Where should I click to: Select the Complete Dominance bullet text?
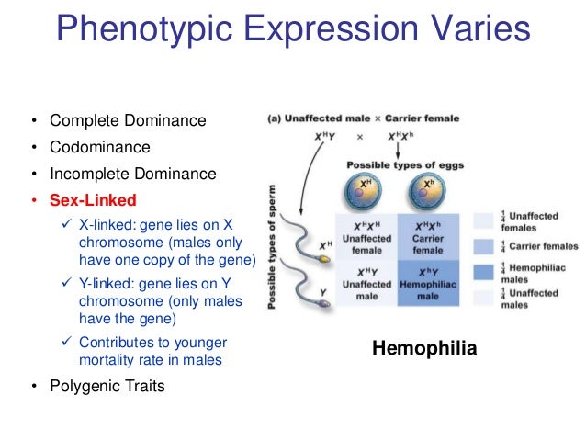pyautogui.click(x=128, y=120)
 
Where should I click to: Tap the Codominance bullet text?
pyautogui.click(x=99, y=147)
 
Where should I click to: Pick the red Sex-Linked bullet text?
pyautogui.click(x=93, y=200)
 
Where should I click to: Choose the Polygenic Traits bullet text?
pyautogui.click(x=107, y=386)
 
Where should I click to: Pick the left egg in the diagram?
pyautogui.click(x=366, y=195)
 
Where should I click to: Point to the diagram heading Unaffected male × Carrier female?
pyautogui.click(x=363, y=118)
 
